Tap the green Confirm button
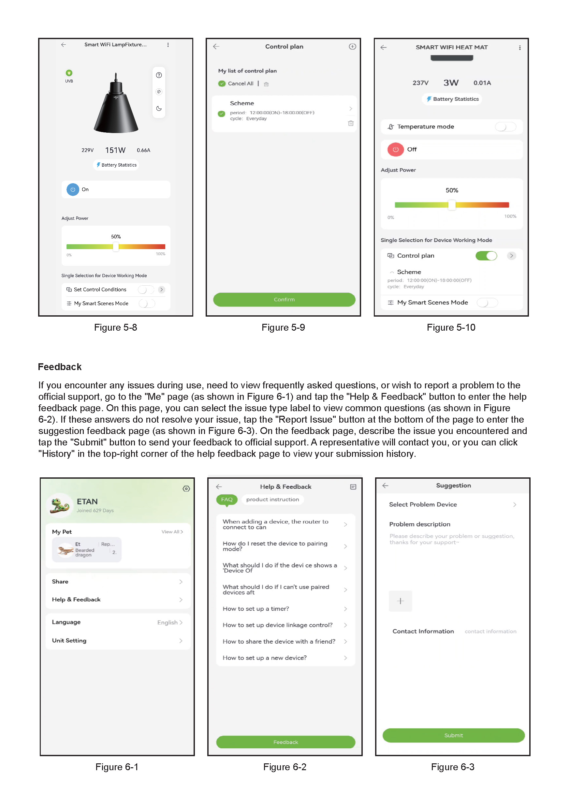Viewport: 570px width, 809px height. [x=284, y=299]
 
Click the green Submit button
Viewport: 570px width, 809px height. [x=453, y=735]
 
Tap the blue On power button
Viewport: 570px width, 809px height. [x=73, y=189]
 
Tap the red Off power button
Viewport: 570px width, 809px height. [x=395, y=149]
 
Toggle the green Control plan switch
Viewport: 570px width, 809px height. [x=486, y=256]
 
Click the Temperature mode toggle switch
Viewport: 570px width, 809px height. [x=505, y=127]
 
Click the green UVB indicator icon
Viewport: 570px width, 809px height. [x=69, y=73]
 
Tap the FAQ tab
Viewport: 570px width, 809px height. [x=227, y=500]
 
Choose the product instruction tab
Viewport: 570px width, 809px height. [x=272, y=500]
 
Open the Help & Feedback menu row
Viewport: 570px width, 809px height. [x=117, y=599]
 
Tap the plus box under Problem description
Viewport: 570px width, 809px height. [x=400, y=601]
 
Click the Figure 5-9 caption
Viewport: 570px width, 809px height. [x=283, y=328]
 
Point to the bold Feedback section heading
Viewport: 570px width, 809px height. [x=60, y=367]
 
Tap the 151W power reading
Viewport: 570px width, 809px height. [x=115, y=150]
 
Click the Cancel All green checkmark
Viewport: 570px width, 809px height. [x=222, y=83]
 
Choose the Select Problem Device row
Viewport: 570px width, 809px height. [x=452, y=504]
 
